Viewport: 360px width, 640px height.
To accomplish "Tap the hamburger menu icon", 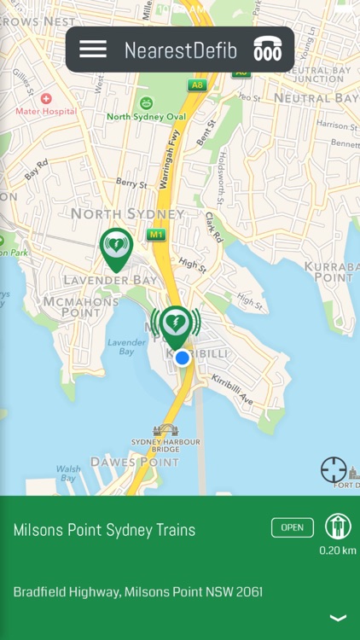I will pyautogui.click(x=93, y=49).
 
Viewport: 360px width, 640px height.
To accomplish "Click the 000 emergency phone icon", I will pyautogui.click(x=267, y=50).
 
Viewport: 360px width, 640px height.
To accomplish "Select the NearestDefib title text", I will pyautogui.click(x=180, y=50).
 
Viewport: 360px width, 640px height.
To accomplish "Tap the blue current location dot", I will pyautogui.click(x=182, y=358).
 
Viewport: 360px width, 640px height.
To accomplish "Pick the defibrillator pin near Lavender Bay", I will pyautogui.click(x=116, y=247).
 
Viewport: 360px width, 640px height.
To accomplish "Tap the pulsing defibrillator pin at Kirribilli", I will pyautogui.click(x=176, y=325).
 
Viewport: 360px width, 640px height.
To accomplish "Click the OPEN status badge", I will pyautogui.click(x=292, y=527).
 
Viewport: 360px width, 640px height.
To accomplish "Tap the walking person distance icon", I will pyautogui.click(x=338, y=527).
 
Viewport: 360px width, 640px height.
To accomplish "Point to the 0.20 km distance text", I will pyautogui.click(x=338, y=550).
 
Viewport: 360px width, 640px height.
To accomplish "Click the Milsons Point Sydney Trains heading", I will pyautogui.click(x=104, y=530).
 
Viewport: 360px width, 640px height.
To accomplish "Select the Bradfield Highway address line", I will pyautogui.click(x=137, y=591).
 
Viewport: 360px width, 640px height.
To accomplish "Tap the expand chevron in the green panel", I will pyautogui.click(x=338, y=618).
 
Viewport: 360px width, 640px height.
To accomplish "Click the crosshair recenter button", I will pyautogui.click(x=334, y=469).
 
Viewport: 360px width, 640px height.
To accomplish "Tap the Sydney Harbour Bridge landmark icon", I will pyautogui.click(x=165, y=430).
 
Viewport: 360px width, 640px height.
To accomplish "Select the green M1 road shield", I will pyautogui.click(x=155, y=234).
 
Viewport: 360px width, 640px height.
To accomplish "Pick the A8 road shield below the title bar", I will pyautogui.click(x=198, y=85).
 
